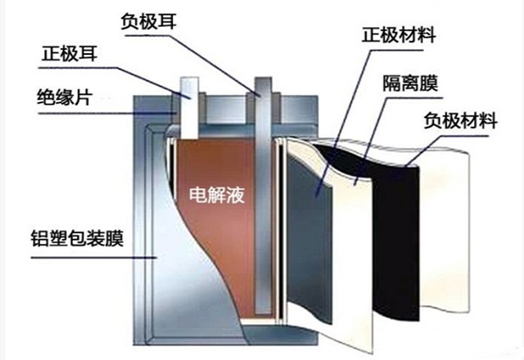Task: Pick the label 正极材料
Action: pyautogui.click(x=398, y=37)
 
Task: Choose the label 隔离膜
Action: pyautogui.click(x=408, y=83)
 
